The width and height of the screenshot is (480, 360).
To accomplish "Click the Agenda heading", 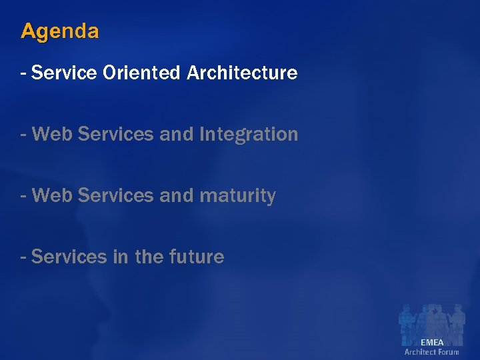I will (60, 31).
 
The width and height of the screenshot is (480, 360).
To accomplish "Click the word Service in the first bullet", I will (64, 73).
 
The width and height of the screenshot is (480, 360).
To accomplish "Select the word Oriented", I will (141, 73).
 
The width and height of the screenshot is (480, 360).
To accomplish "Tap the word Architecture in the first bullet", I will (242, 73).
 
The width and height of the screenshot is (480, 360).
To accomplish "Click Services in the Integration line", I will (115, 134).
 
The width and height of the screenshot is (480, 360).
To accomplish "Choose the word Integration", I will (248, 135).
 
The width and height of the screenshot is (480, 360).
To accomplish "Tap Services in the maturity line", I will (115, 195).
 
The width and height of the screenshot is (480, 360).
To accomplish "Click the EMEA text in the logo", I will (431, 342).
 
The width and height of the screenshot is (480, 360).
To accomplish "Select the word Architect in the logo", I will (419, 351).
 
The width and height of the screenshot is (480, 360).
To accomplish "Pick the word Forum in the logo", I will (448, 351).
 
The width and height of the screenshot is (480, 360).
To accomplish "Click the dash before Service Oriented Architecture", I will (24, 73).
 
